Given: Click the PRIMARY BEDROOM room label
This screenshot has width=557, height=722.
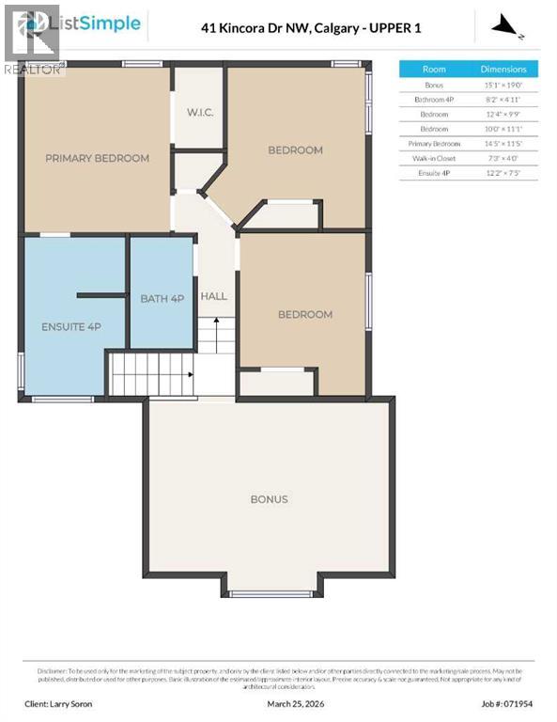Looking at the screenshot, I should (97, 158).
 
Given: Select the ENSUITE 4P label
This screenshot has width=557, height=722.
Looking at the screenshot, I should (70, 326).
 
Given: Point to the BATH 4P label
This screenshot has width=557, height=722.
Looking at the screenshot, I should (162, 299).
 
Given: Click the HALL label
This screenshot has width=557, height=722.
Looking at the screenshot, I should (213, 296).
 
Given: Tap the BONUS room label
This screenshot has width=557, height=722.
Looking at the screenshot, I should (269, 499).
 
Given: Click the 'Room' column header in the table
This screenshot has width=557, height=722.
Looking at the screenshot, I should (434, 69).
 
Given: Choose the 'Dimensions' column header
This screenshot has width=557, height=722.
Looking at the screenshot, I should (503, 69).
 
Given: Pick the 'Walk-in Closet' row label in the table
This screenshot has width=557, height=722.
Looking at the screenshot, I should (434, 159).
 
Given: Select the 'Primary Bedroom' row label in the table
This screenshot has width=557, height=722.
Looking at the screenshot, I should (434, 144).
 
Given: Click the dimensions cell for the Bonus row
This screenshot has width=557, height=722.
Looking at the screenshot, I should (503, 85).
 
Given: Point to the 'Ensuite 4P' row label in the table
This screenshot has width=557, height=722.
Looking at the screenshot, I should (434, 174).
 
